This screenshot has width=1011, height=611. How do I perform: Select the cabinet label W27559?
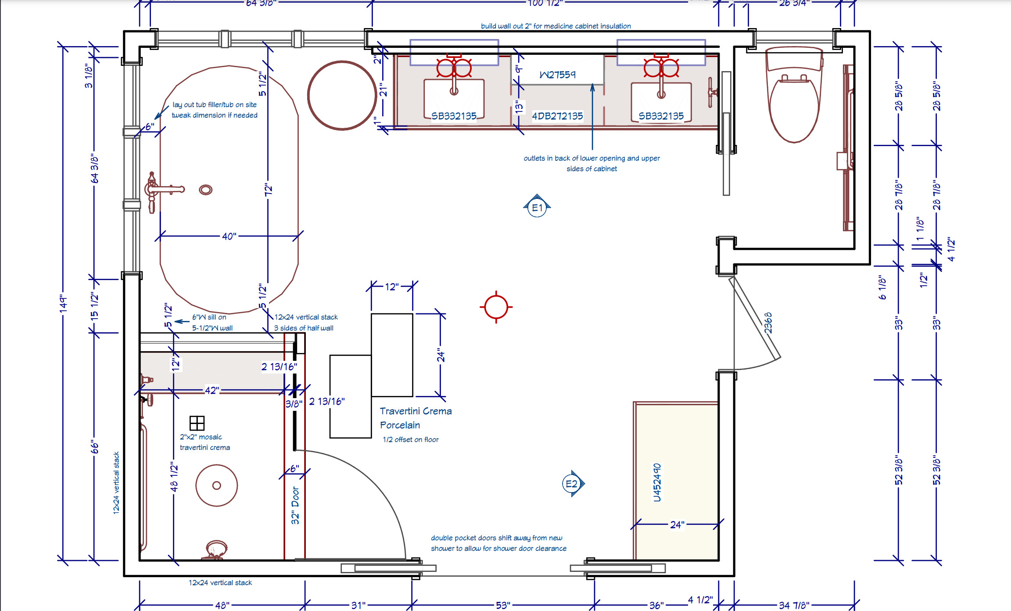pos(557,75)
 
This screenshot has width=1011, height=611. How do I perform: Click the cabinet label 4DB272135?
pos(557,116)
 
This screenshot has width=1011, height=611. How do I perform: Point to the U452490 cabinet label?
pos(656,482)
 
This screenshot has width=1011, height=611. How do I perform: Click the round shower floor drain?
pos(217,485)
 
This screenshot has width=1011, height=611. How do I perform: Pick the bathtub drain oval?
pos(206,190)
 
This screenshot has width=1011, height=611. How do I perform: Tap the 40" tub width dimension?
pos(229,236)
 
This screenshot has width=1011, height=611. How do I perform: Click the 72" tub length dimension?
pos(268,190)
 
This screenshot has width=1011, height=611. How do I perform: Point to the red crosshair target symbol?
pos(496,307)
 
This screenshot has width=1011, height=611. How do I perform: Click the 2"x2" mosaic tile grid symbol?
pos(197,423)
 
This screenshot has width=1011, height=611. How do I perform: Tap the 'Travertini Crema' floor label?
pos(416,411)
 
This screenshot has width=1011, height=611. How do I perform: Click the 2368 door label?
pos(767,323)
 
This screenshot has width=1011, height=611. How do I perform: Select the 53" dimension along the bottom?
pos(503,605)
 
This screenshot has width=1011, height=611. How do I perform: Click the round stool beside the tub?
pos(342,95)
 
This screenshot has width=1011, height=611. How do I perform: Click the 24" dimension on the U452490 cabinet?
pos(677,525)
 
